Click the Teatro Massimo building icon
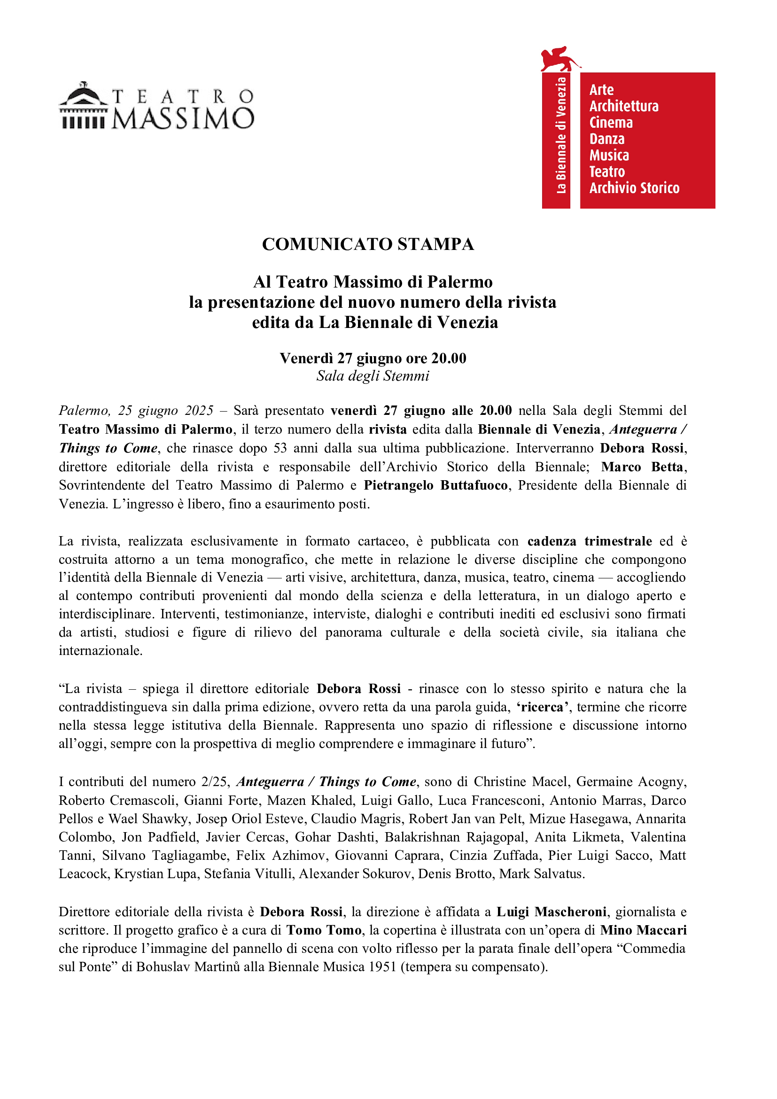[84, 106]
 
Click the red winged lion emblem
[559, 58]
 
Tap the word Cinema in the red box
[611, 123]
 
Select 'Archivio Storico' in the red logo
[634, 188]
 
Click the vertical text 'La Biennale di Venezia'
[561, 135]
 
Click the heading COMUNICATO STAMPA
[368, 244]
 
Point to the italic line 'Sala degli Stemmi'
[373, 376]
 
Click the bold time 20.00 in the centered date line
[448, 358]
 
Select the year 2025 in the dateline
[199, 410]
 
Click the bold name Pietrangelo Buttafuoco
[435, 485]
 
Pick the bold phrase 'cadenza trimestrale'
[590, 541]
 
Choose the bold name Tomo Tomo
[324, 930]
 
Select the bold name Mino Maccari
[644, 930]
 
